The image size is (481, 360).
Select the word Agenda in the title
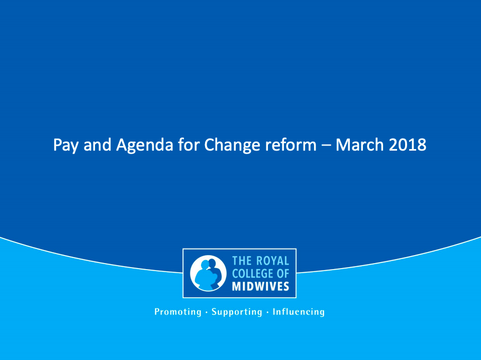pos(145,145)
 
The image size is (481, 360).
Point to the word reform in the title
pos(291,145)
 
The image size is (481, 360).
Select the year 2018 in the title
pos(408,145)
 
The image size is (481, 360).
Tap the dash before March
pos(326,146)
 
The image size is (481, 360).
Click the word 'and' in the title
pos(97,145)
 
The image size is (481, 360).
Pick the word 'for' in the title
pos(188,145)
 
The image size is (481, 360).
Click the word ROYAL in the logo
pos(273,261)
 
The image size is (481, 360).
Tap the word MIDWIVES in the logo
pos(261,286)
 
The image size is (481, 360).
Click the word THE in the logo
pos(242,261)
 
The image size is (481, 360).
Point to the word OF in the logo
pos(282,273)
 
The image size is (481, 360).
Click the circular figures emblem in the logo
pos(208,273)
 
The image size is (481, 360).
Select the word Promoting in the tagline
pos(178,312)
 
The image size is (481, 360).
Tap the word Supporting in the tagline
pos(237,312)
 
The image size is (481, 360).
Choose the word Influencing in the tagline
pos(299,312)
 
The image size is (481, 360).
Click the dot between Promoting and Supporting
pos(207,312)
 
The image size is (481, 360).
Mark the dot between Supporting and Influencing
pos(267,312)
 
